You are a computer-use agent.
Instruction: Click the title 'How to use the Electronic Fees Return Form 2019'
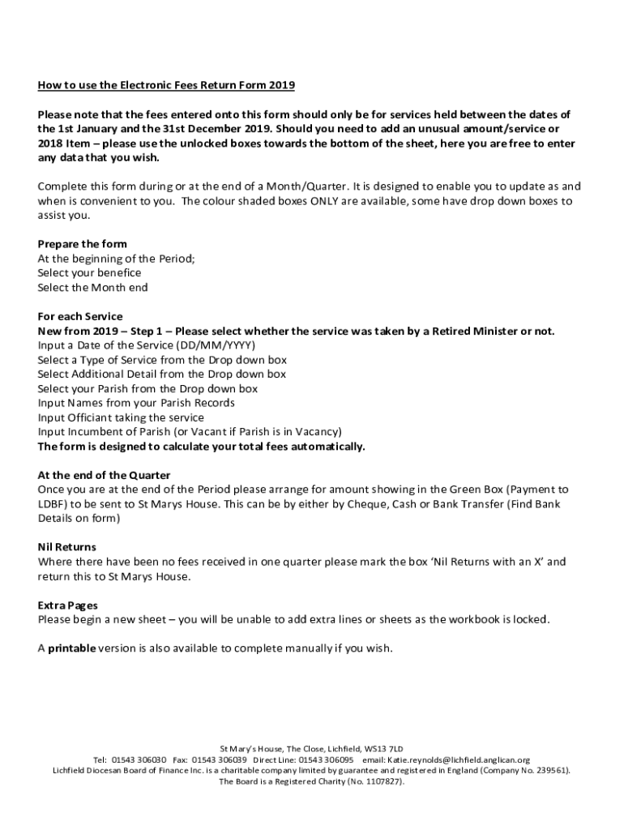click(166, 84)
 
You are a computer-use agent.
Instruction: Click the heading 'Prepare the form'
click(82, 244)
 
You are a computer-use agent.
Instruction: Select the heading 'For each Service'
click(80, 316)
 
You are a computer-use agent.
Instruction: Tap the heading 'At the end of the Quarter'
click(104, 475)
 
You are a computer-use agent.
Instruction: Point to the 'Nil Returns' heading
click(67, 547)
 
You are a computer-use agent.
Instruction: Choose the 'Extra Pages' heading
click(68, 605)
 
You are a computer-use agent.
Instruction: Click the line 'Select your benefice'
click(89, 273)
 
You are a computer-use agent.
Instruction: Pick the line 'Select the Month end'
click(92, 288)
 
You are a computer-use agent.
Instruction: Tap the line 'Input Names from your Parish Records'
click(136, 403)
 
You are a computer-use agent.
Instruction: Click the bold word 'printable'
click(71, 648)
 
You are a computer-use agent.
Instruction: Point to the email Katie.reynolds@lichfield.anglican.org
click(458, 759)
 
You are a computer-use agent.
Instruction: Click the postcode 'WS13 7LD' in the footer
click(384, 748)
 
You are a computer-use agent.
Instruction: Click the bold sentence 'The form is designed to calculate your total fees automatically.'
click(201, 447)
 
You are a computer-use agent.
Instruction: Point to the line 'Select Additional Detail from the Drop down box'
click(161, 374)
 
